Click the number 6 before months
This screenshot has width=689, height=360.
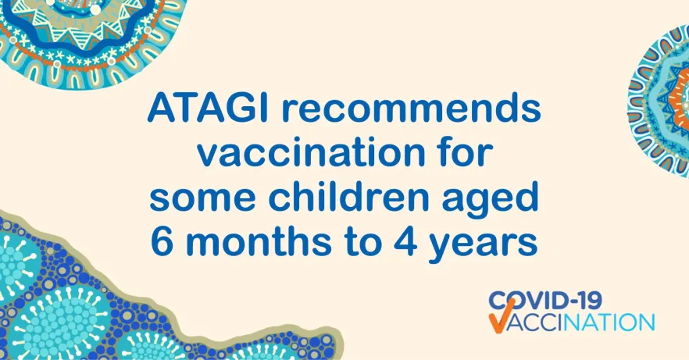[x=162, y=241]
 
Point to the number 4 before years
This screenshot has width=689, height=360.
[x=405, y=241]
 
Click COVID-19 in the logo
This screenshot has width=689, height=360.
[x=545, y=301]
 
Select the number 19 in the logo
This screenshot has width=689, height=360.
[x=588, y=301]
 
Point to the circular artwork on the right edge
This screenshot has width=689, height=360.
[x=659, y=101]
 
